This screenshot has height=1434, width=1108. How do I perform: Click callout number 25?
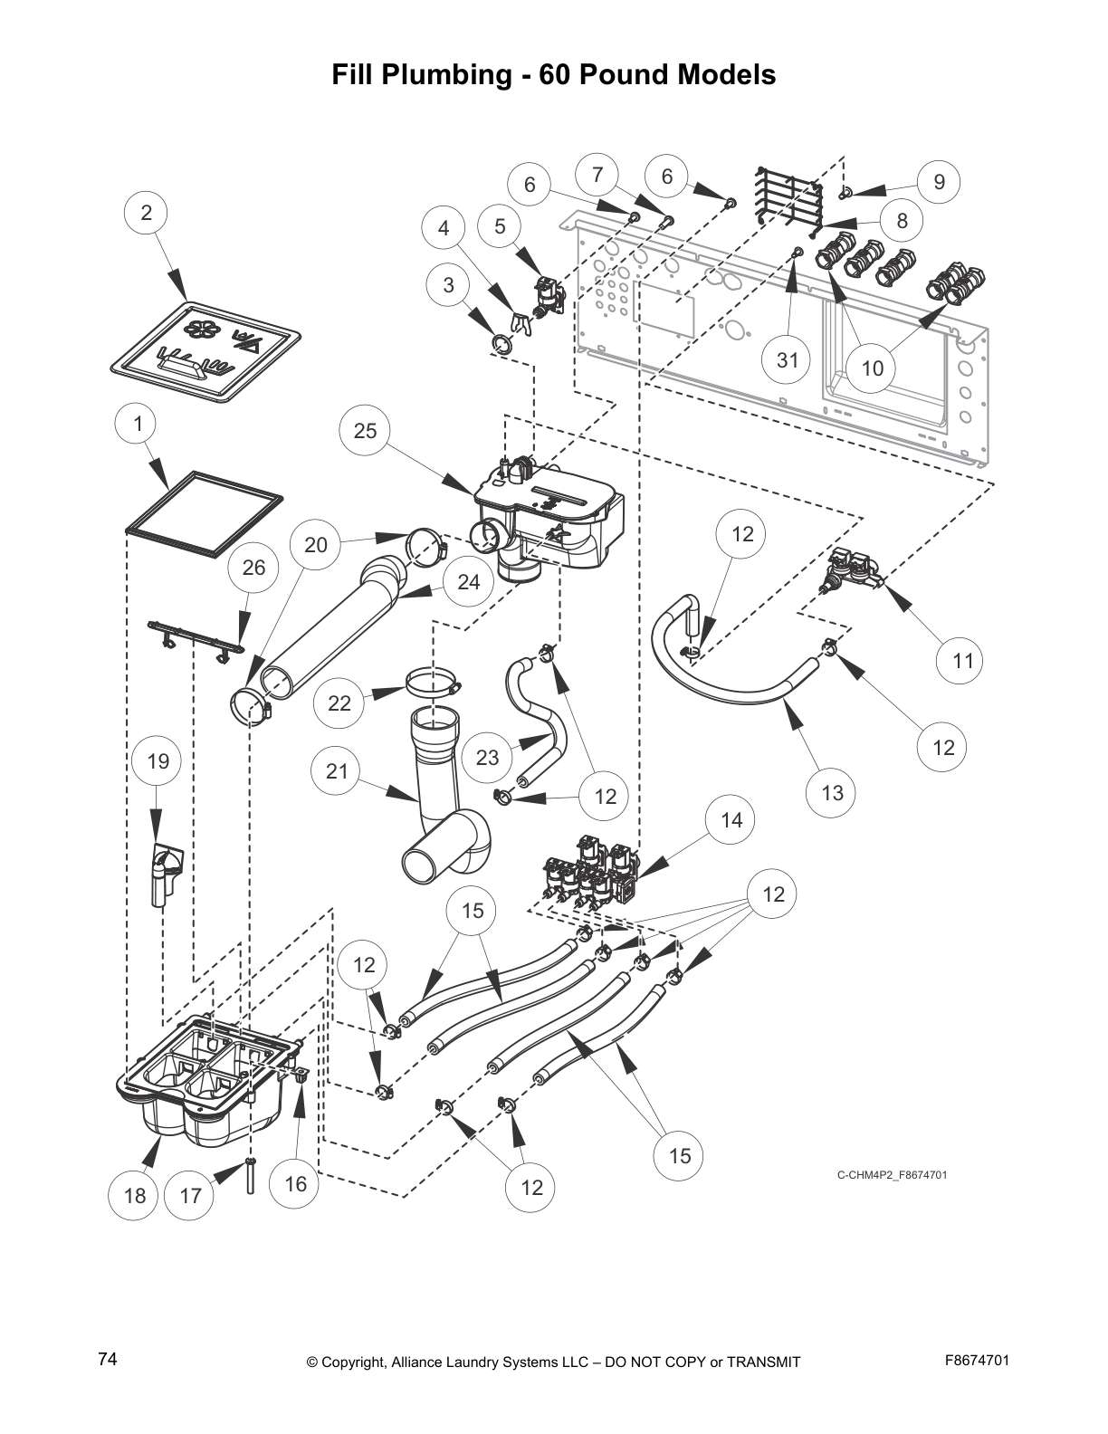click(365, 430)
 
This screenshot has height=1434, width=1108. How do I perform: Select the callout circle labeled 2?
click(147, 214)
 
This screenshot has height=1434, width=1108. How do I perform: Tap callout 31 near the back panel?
click(788, 360)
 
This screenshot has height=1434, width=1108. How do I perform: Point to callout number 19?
click(158, 760)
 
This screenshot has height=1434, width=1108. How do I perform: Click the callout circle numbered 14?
click(731, 820)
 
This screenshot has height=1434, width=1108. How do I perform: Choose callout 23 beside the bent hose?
click(487, 757)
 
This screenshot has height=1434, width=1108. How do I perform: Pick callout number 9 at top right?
click(939, 182)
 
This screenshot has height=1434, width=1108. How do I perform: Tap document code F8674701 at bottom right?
click(976, 1360)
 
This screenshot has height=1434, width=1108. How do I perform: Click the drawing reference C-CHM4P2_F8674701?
click(892, 1175)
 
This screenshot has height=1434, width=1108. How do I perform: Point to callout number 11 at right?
click(962, 661)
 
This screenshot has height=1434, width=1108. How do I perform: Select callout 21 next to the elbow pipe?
click(337, 771)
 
